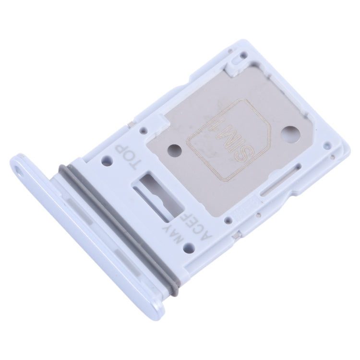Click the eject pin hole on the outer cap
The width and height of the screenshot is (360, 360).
[x=19, y=169]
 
